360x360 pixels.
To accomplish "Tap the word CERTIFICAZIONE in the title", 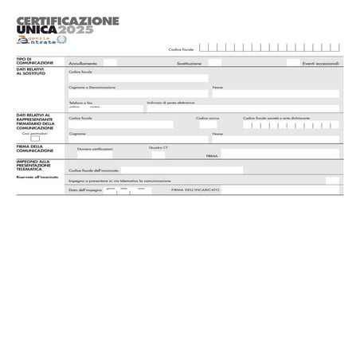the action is pyautogui.click(x=68, y=20).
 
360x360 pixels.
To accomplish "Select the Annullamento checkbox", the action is pyautogui.click(x=110, y=62).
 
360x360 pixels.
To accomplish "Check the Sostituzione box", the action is pyautogui.click(x=215, y=62).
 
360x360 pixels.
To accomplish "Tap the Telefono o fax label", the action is pyautogui.click(x=80, y=102).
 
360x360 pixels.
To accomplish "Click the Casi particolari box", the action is pyautogui.click(x=35, y=139).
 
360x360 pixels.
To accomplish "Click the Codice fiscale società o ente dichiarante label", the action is pyautogui.click(x=276, y=118).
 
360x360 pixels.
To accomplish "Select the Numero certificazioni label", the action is pyautogui.click(x=95, y=148).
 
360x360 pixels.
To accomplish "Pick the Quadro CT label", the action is pyautogui.click(x=158, y=147).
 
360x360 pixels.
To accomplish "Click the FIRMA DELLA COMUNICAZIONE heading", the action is pyautogui.click(x=35, y=148).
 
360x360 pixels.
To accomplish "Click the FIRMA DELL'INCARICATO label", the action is pyautogui.click(x=195, y=190).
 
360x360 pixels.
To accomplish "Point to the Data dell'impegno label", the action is pyautogui.click(x=84, y=190).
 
